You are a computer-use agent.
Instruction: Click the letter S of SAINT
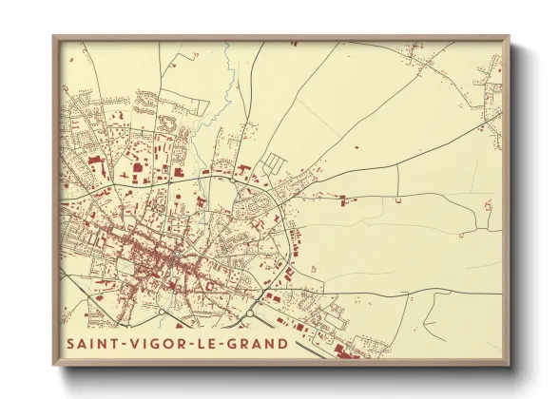coord(70,343)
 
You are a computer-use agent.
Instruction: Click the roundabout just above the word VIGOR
coord(163,312)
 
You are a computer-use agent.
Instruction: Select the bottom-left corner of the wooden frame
coord(54,364)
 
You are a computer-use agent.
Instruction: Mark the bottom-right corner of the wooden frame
coord(508,364)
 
